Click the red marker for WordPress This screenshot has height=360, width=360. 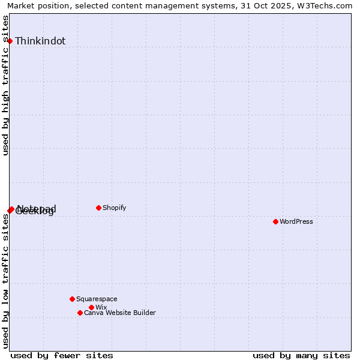click(x=275, y=221)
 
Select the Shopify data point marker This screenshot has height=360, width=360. click(x=98, y=208)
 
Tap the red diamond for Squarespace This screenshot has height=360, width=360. click(x=72, y=299)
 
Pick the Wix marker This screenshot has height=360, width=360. click(x=91, y=307)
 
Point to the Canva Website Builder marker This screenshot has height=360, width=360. click(x=80, y=313)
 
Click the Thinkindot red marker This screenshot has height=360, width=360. click(x=10, y=41)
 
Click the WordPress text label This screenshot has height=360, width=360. click(x=296, y=221)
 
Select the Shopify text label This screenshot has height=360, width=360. click(x=115, y=208)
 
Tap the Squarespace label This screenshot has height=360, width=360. click(x=97, y=299)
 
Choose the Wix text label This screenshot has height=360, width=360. click(x=101, y=307)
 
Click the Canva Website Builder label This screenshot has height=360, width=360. click(x=120, y=313)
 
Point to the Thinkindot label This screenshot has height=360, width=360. click(x=40, y=41)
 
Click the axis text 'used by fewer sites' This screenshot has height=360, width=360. click(x=62, y=355)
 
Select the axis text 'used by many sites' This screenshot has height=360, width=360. click(x=301, y=355)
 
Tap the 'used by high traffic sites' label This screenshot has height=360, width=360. click(x=6, y=85)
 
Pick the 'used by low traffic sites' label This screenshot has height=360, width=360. click(x=6, y=280)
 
